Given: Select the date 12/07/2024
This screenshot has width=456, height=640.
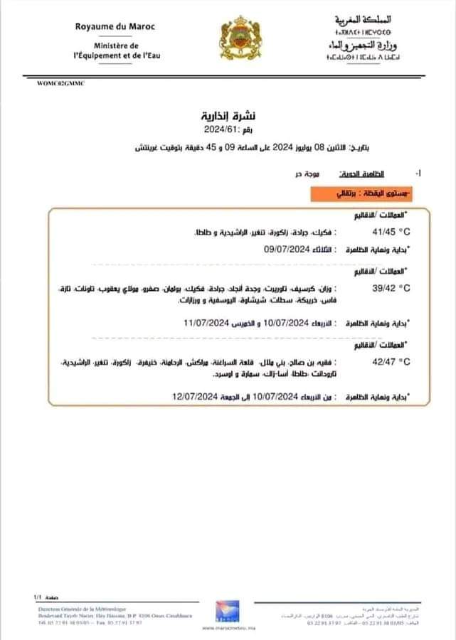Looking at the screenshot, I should pyautogui.click(x=194, y=395).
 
